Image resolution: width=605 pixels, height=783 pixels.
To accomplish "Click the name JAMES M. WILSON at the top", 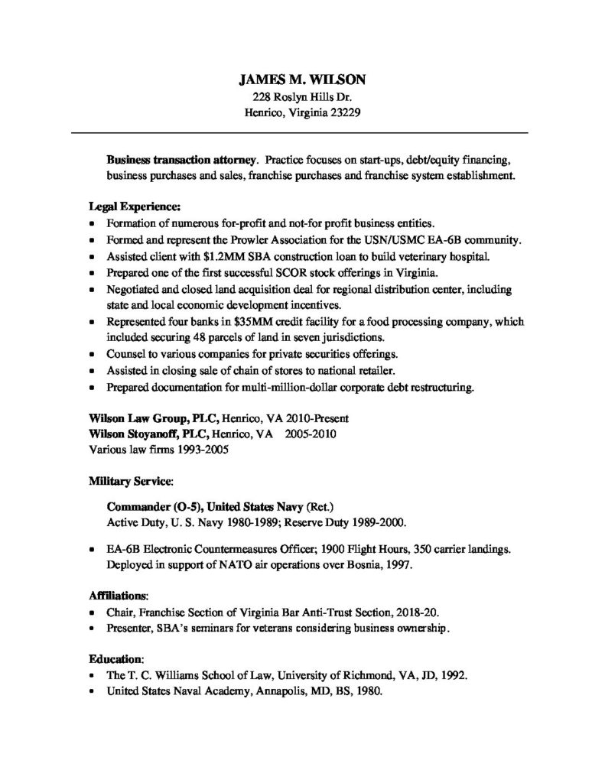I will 302,79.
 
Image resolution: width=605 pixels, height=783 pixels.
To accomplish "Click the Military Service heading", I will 130,482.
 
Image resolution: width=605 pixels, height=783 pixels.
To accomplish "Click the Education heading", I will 116,658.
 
